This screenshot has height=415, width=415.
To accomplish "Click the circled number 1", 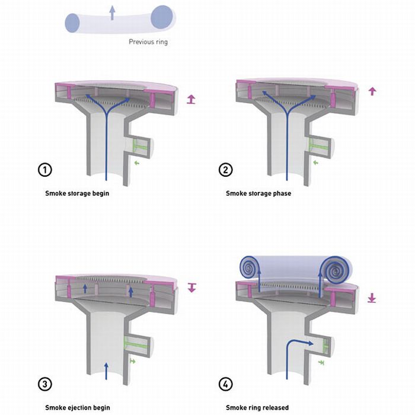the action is coord(44,170).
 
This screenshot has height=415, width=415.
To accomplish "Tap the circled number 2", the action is coord(225,170).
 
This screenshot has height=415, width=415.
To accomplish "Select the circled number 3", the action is coord(44,384).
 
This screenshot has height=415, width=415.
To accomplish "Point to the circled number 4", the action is coord(225,384).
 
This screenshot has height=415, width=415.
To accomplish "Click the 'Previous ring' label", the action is coord(148,42).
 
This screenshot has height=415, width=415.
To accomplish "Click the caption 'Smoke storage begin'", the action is coord(77,193).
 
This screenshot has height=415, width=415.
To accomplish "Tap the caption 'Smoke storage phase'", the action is coord(258,193).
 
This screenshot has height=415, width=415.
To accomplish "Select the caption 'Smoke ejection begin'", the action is coord(77,408).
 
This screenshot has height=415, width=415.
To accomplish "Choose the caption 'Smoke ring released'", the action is coord(257,408).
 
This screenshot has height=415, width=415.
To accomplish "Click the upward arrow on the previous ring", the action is coord(113,12).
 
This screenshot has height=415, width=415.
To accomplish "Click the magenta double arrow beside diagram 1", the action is coord(191,100).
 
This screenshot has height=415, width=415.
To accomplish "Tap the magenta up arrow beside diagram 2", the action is coord(372,91).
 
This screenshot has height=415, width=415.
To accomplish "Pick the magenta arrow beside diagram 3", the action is coord(191,288).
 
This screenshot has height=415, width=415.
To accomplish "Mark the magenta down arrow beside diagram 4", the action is coord(372,298).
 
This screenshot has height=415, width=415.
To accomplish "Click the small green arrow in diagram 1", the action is coord(136,163).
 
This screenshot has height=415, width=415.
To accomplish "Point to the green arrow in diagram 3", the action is coord(133,360).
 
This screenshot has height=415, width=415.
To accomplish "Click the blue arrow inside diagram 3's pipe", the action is coord(106,371).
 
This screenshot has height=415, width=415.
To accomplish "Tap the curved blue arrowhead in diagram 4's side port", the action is coord(309,343).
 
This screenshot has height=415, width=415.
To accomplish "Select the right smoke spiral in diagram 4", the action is coord(336,270).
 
